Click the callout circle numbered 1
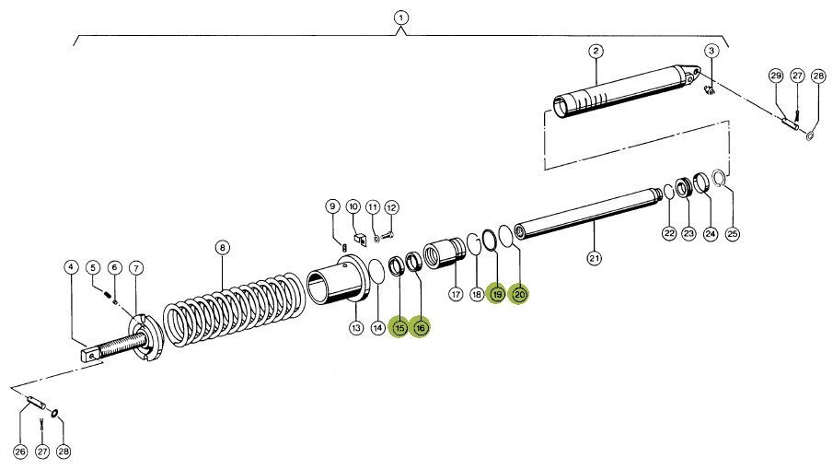coord(400,18)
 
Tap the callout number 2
coord(596,51)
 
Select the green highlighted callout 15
coord(399,327)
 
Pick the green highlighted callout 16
coord(420,327)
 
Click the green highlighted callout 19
coord(497,294)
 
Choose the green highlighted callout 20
coord(519,294)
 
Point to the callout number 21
coord(594,258)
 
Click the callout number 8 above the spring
coord(221,247)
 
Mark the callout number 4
coord(71,268)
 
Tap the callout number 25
coord(733,233)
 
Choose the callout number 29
coord(776,75)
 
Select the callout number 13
coord(356,327)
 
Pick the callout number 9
coord(332,206)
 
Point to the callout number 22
coord(669,233)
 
